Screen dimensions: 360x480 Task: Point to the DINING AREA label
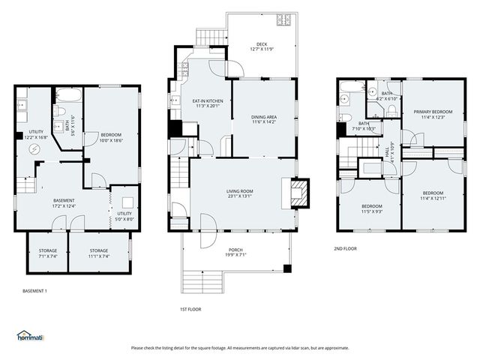click(263, 117)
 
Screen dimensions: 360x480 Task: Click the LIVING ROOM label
click(240, 191)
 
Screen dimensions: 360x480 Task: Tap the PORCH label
click(235, 250)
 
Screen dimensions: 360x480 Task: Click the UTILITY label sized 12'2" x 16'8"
click(36, 138)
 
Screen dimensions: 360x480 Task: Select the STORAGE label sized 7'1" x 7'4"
click(46, 256)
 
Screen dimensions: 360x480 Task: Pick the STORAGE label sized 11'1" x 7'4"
click(99, 256)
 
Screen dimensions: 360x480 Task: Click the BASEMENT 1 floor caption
click(35, 290)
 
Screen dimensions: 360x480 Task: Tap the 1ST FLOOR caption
click(190, 309)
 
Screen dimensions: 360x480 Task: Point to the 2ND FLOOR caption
click(346, 248)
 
